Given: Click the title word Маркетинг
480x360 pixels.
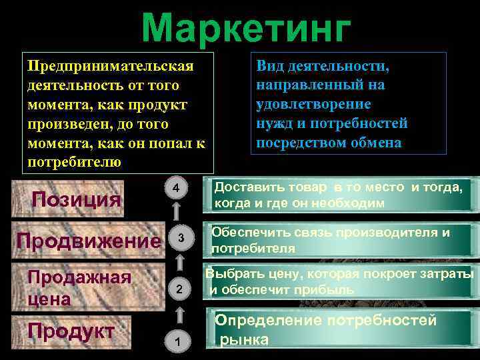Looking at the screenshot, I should (x=246, y=28).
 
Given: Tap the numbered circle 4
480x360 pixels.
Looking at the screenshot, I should (x=175, y=189).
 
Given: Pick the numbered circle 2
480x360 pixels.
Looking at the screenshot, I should (x=178, y=289).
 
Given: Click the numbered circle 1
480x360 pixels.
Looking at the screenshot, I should (x=177, y=341).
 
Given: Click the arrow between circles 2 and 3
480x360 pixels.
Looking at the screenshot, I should (x=178, y=263).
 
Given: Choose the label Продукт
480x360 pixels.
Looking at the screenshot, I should (x=71, y=331).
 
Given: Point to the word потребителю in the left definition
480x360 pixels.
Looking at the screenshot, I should (x=74, y=162).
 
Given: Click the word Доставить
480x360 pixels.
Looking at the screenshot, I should (x=248, y=188).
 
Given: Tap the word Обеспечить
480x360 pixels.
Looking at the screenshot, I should (x=249, y=233).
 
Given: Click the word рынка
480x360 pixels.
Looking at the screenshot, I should (x=245, y=339).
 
